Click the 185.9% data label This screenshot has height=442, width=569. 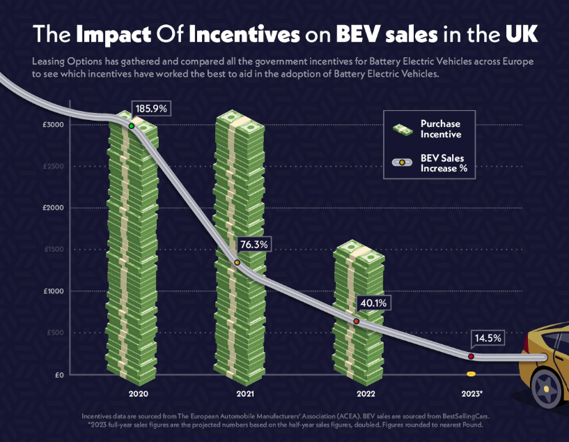[151, 109]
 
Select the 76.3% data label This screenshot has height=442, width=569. [254, 245]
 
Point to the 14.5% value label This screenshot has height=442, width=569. [488, 338]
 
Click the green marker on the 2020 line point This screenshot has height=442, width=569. [132, 126]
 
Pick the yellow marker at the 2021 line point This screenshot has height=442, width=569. [237, 262]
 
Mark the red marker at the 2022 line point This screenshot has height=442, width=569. [357, 321]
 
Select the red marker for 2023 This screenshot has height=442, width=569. [471, 356]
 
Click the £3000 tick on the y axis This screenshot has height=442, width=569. [53, 125]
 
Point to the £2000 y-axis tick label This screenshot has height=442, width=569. [53, 208]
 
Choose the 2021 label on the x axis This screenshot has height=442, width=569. [244, 394]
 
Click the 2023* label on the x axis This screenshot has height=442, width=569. [471, 394]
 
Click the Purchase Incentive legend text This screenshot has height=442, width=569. [440, 129]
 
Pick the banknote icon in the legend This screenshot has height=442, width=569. [403, 129]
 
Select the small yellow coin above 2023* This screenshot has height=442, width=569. [471, 375]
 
